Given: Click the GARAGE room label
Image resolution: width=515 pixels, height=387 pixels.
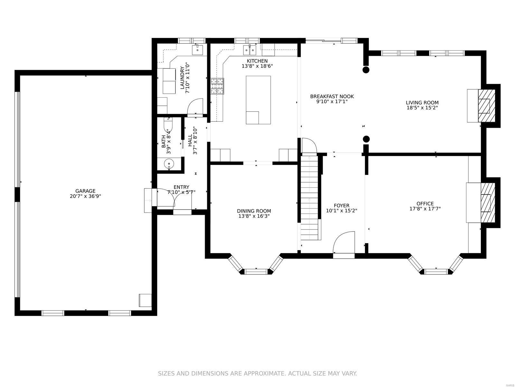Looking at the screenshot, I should click(85, 191).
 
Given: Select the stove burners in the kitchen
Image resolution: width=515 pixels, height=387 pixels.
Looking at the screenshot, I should click(217, 86).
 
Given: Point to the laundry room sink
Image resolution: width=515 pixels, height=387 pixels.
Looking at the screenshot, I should click(197, 50).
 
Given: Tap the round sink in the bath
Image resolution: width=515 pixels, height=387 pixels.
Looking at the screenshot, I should click(169, 164).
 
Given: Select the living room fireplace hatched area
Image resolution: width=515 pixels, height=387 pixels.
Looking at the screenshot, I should click(486, 105).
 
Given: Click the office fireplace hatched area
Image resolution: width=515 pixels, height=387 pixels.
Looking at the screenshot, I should click(488, 203).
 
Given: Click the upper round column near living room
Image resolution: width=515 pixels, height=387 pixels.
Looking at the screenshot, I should click(366, 70).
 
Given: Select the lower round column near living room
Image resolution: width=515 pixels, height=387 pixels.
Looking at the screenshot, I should click(366, 139).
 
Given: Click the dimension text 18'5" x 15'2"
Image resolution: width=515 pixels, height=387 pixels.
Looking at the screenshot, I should click(422, 108).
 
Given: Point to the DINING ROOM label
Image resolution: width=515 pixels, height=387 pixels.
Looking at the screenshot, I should click(254, 211).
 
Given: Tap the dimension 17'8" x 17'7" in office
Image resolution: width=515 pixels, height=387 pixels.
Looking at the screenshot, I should click(425, 209).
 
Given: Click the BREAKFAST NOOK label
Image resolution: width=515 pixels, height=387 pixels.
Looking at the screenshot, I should click(332, 96).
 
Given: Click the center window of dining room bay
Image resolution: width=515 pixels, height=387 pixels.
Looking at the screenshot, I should click(256, 272).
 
